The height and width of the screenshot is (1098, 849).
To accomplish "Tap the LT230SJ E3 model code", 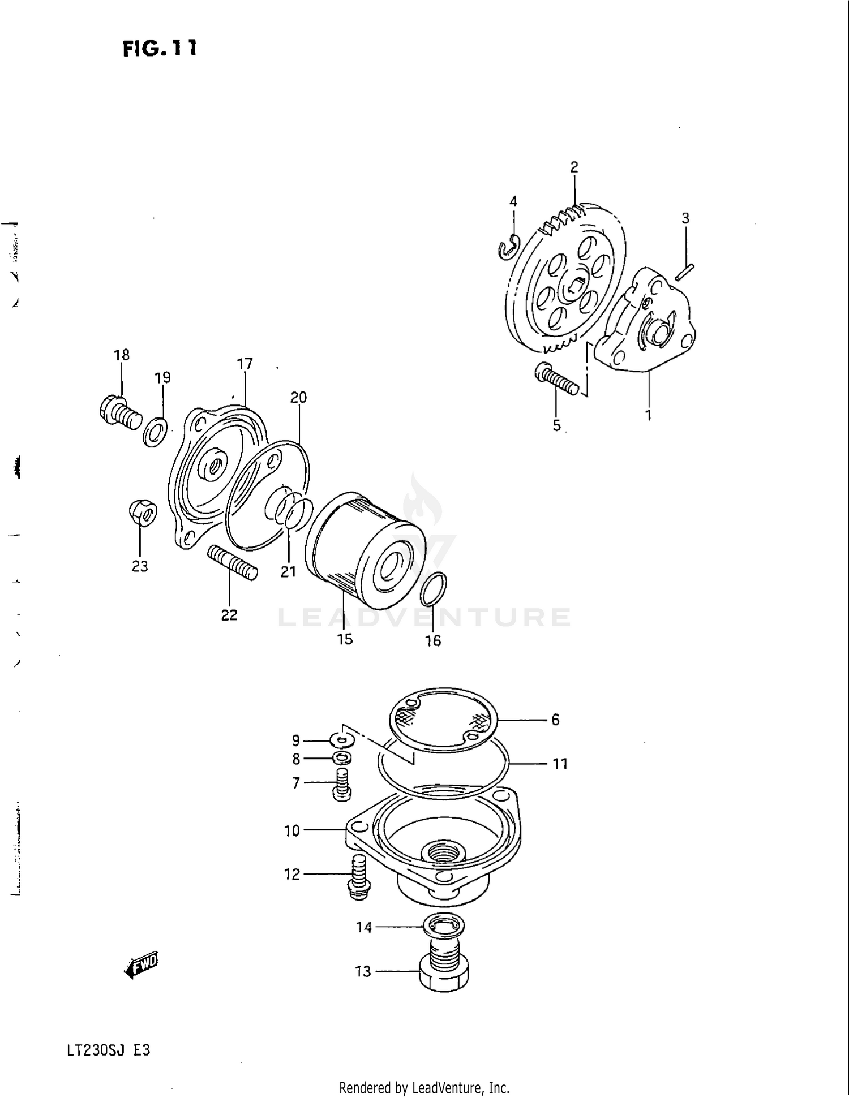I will point(108,1050).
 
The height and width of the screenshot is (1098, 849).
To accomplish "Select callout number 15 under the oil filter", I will point(345,639).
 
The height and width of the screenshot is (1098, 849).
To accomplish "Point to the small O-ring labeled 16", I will point(434,589).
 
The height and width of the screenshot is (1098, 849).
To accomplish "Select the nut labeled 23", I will point(143,513).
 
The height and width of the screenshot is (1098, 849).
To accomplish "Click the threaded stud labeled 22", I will point(233,562).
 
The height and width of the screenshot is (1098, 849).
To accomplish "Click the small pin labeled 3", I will point(684,272).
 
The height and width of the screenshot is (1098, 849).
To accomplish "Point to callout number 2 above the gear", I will point(574,167).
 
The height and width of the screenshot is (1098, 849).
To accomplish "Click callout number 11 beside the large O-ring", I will point(560,764).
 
